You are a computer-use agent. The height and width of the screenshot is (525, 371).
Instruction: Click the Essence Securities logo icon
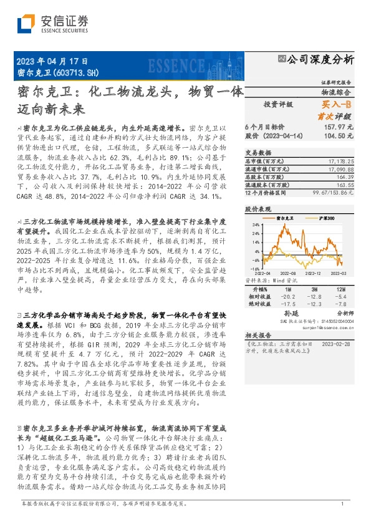click(25, 24)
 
